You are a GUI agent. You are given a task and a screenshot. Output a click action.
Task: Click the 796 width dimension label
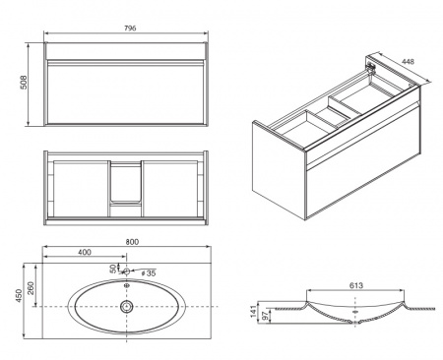130,29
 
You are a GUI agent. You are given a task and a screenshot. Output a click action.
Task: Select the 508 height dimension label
24,83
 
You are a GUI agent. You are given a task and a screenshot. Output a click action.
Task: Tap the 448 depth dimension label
408,61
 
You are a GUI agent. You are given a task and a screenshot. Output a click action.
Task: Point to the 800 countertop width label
132,242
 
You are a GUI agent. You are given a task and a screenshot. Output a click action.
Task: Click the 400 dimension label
85,252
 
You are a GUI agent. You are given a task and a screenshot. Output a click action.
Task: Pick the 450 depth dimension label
19,295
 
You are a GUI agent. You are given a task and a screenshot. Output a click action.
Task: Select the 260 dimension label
31,288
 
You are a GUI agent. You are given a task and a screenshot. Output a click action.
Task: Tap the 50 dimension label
113,269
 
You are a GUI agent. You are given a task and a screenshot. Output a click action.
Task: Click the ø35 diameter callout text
149,272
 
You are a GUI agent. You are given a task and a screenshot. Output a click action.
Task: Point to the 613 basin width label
356,285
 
